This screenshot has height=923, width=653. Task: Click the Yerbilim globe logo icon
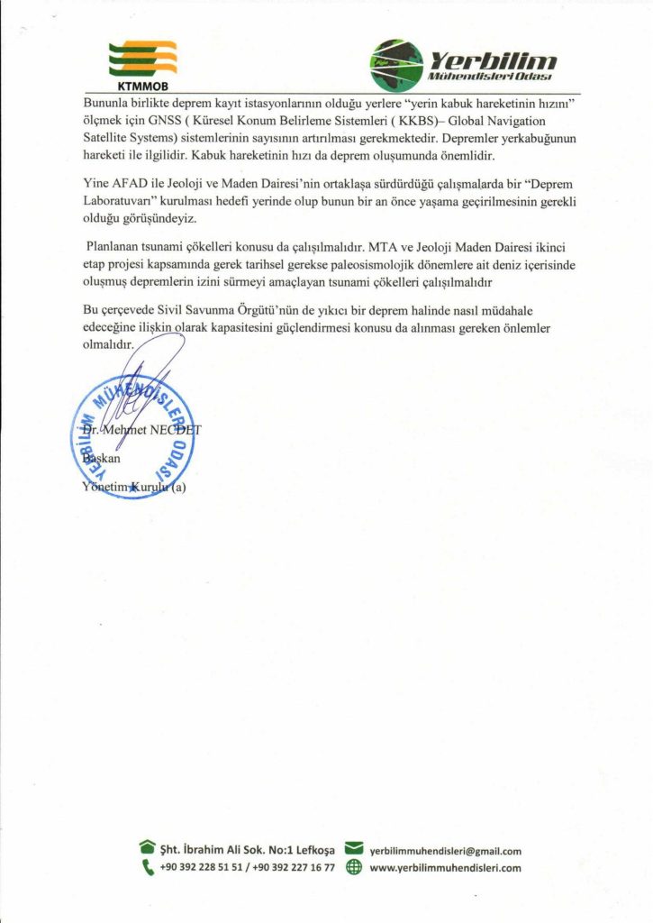[397, 67]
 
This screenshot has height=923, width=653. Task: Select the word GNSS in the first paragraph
[141, 120]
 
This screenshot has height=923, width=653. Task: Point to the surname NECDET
[176, 429]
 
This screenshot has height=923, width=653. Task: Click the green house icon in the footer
[147, 849]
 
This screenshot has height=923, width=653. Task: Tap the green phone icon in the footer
[147, 868]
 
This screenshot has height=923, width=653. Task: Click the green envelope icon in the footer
[354, 849]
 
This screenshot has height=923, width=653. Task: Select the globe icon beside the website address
[354, 868]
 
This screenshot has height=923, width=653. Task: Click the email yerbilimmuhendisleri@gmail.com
[446, 850]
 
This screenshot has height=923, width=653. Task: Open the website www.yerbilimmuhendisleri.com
[446, 869]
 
